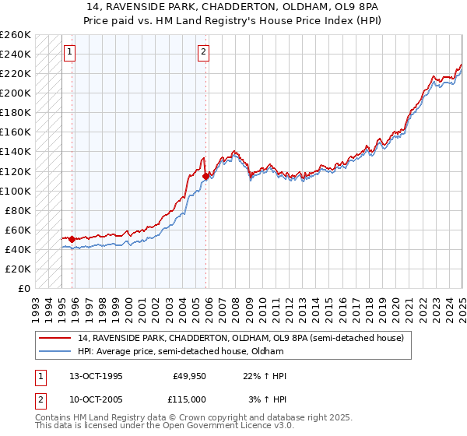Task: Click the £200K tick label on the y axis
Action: tap(16, 93)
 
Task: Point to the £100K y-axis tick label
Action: tap(16, 191)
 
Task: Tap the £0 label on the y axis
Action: tap(23, 288)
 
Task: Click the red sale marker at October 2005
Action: tap(206, 176)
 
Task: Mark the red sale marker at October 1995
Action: tap(72, 239)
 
